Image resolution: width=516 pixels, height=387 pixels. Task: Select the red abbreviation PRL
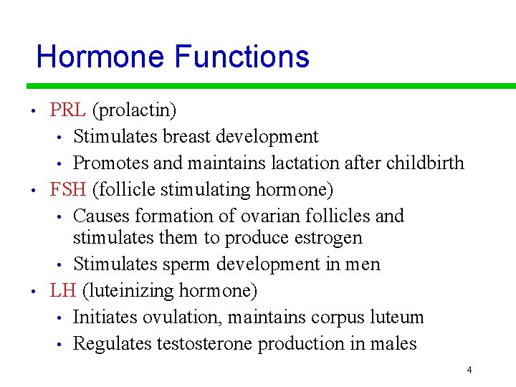[x=68, y=110]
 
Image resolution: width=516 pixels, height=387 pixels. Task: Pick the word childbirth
[x=425, y=163]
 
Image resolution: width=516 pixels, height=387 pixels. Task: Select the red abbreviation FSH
[x=69, y=190]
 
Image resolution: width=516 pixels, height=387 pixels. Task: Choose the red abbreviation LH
[x=63, y=290]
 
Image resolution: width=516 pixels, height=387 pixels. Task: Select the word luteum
[x=398, y=317]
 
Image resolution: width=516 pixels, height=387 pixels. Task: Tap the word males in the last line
[x=393, y=343]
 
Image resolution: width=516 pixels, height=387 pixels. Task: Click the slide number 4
[x=469, y=371]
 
